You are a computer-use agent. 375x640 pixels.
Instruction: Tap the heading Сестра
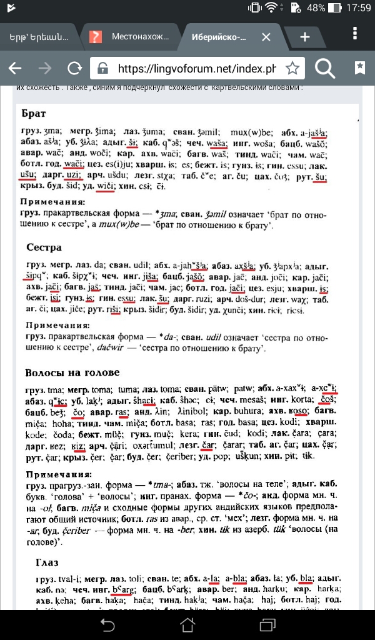(44, 247)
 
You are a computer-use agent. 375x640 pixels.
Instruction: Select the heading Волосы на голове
(72, 372)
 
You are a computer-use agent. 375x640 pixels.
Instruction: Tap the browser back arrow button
(14, 68)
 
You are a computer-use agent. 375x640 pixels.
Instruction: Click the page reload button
(75, 68)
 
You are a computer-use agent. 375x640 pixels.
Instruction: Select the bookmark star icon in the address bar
(292, 68)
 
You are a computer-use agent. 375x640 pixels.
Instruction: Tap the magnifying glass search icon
(325, 68)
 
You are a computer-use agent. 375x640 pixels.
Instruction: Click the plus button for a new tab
(305, 37)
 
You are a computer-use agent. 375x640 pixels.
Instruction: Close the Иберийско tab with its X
(266, 37)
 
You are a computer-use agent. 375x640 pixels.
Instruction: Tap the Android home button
(187, 624)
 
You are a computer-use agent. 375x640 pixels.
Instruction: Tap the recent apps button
(268, 624)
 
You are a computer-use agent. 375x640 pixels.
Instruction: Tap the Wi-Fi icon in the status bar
(271, 9)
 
